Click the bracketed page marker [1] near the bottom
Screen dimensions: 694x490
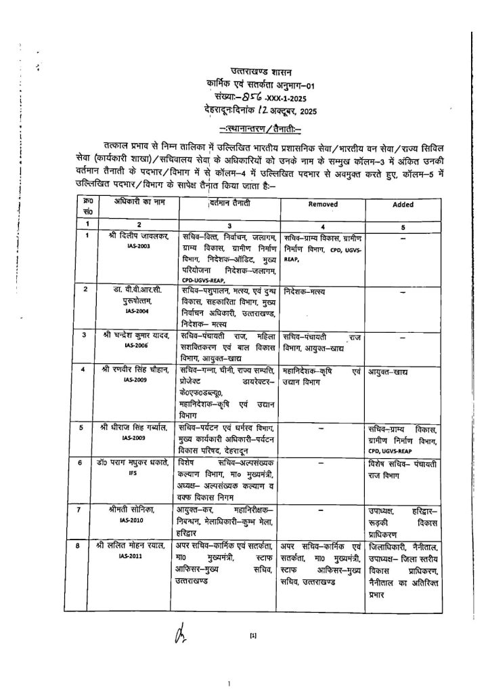point(253,635)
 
